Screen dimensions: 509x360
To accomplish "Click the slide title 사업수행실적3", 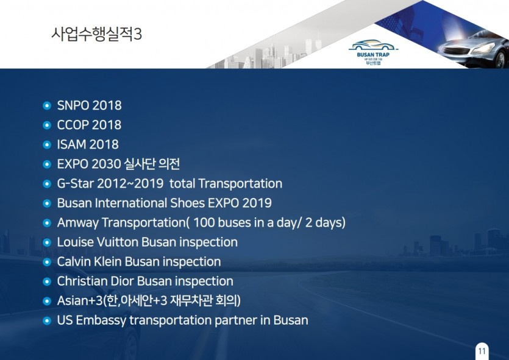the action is (96, 34).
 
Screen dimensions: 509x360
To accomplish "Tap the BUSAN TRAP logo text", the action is (373, 54).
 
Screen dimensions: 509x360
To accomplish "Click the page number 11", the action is (482, 351).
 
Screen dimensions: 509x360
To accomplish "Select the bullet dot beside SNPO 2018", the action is (47, 106).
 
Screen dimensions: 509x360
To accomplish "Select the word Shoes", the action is (187, 203).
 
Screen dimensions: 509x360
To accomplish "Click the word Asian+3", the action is (80, 301).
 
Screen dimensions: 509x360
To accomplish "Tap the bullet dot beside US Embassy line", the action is (47, 321).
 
